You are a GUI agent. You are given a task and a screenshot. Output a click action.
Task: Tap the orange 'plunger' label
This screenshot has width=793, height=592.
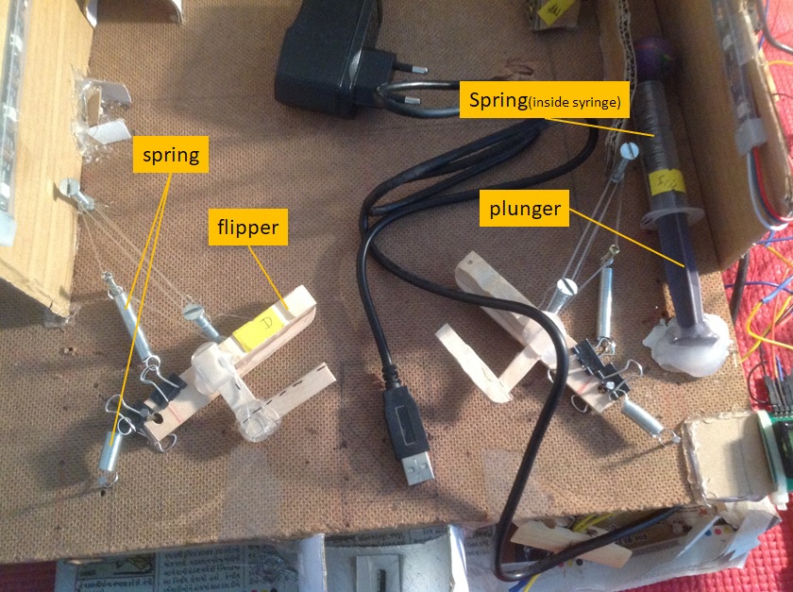(524, 209)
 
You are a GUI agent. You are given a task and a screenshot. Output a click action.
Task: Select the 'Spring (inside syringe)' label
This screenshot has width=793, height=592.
(544, 100)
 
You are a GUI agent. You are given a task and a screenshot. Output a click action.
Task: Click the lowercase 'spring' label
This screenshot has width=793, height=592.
(171, 156)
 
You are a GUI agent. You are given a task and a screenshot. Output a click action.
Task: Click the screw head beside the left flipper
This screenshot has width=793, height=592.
(193, 308)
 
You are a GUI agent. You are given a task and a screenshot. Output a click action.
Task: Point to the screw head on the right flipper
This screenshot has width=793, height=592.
(566, 287)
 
